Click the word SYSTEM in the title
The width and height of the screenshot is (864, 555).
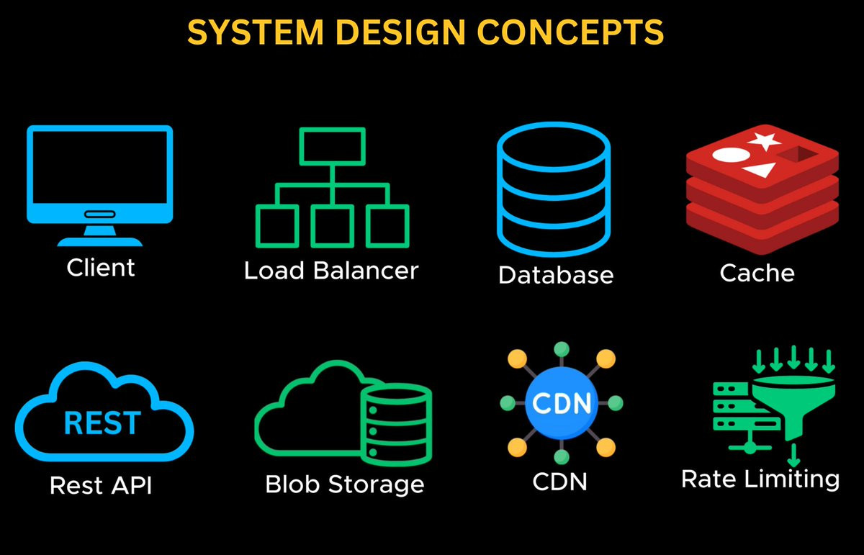click(x=256, y=32)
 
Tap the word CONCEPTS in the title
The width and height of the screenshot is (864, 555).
click(x=570, y=32)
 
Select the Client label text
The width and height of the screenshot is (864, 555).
click(x=101, y=267)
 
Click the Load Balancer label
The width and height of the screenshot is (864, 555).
click(x=331, y=271)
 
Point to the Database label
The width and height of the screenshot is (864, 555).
click(x=556, y=275)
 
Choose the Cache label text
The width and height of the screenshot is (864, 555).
click(x=757, y=273)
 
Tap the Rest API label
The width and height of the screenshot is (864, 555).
click(x=101, y=484)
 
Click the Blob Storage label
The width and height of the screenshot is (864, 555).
click(x=345, y=484)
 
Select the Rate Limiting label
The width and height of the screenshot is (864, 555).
click(x=760, y=480)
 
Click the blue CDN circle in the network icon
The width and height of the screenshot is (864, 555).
click(x=561, y=403)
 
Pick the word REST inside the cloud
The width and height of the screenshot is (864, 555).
click(x=102, y=423)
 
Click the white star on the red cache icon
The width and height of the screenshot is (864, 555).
click(x=764, y=141)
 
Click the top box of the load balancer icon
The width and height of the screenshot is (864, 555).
click(x=332, y=147)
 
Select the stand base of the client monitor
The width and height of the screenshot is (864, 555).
click(x=100, y=242)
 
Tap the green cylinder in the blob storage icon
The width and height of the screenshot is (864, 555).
click(x=397, y=425)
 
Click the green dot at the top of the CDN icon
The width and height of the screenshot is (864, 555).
click(x=561, y=349)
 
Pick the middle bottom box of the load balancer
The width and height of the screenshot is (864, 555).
click(x=332, y=226)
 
